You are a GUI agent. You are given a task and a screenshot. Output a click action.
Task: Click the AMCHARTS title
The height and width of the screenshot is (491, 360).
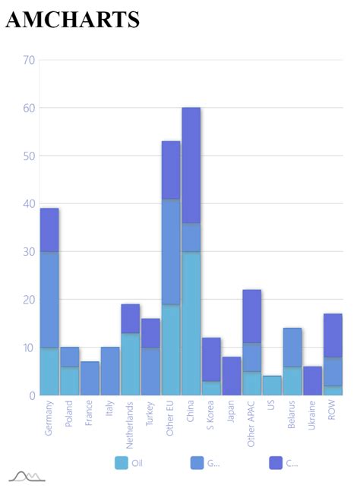click(73, 20)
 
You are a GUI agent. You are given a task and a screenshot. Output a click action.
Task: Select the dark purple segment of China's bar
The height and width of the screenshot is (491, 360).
click(191, 165)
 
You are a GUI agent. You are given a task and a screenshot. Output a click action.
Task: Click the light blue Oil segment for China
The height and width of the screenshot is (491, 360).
click(191, 323)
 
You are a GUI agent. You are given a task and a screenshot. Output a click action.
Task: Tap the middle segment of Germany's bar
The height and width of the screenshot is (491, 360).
click(49, 300)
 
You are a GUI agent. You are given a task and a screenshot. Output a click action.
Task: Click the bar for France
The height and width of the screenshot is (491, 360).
click(90, 378)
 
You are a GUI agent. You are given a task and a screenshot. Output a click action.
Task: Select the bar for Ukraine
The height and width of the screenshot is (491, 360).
click(313, 381)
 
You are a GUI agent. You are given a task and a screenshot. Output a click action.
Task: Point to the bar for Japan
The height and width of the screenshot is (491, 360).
click(232, 376)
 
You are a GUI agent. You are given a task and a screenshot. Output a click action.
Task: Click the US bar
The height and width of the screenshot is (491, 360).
click(272, 386)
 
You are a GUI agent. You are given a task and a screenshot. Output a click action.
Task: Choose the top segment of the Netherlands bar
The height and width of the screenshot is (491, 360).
click(131, 319)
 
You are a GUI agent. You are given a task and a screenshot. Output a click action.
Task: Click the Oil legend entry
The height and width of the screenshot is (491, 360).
click(129, 463)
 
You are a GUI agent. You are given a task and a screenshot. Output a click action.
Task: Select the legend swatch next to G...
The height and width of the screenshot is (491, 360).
click(197, 463)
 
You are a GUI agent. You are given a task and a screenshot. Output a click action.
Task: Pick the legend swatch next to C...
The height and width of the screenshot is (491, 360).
click(276, 463)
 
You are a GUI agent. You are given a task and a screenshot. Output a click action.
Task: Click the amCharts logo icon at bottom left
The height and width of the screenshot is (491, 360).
click(27, 477)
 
